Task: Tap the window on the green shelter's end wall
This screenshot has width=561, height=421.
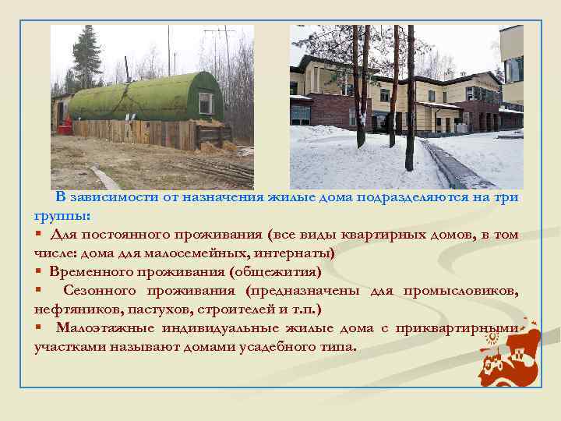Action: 206,103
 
